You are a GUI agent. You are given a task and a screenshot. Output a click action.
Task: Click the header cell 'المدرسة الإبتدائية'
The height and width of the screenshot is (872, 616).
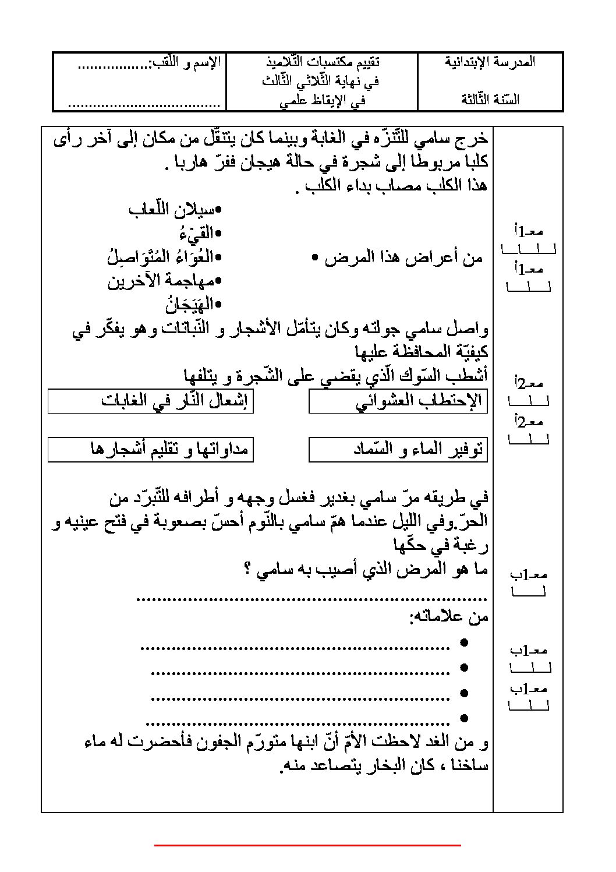click(490, 62)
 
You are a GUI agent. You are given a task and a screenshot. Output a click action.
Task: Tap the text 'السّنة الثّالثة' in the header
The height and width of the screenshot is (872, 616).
click(490, 99)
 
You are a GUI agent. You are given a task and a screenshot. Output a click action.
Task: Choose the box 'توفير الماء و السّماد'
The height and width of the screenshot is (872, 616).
click(398, 449)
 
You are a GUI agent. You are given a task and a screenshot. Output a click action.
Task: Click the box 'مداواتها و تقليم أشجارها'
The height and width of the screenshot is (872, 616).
click(150, 449)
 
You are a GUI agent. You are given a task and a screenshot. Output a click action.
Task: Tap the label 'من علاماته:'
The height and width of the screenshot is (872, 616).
click(449, 617)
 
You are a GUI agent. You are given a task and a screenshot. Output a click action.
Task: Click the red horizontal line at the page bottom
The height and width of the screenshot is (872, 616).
click(307, 845)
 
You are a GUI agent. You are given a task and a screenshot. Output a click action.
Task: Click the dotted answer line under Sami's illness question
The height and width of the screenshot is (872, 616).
click(311, 597)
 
